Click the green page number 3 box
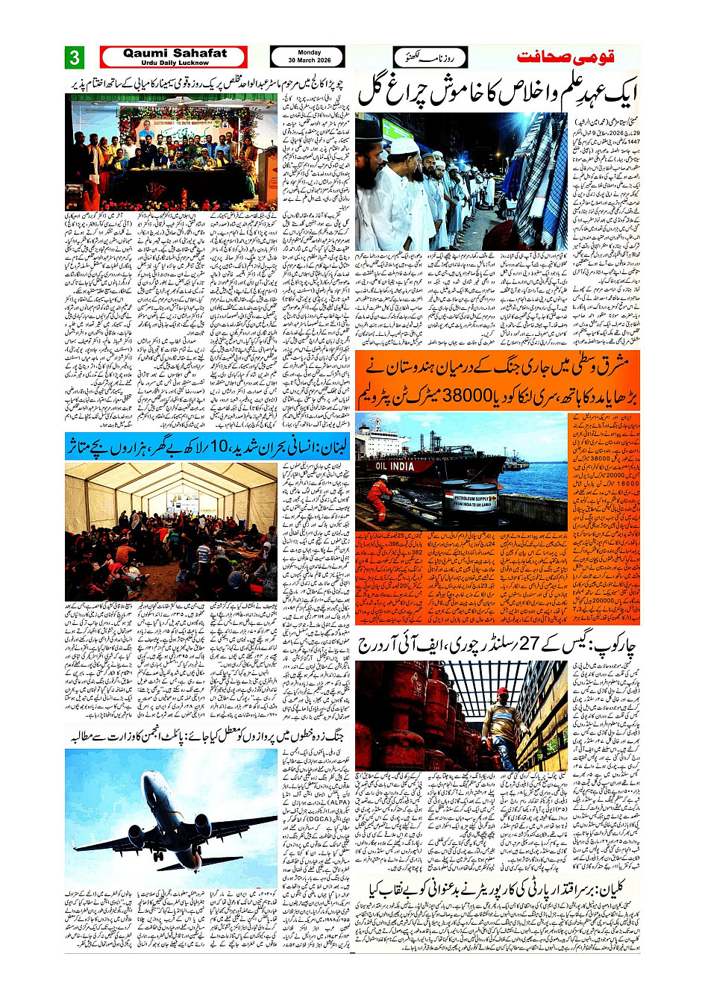(75, 58)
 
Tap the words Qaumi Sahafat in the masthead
(175, 53)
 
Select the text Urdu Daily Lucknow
(175, 63)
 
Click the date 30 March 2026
(309, 60)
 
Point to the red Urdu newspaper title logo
(568, 57)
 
